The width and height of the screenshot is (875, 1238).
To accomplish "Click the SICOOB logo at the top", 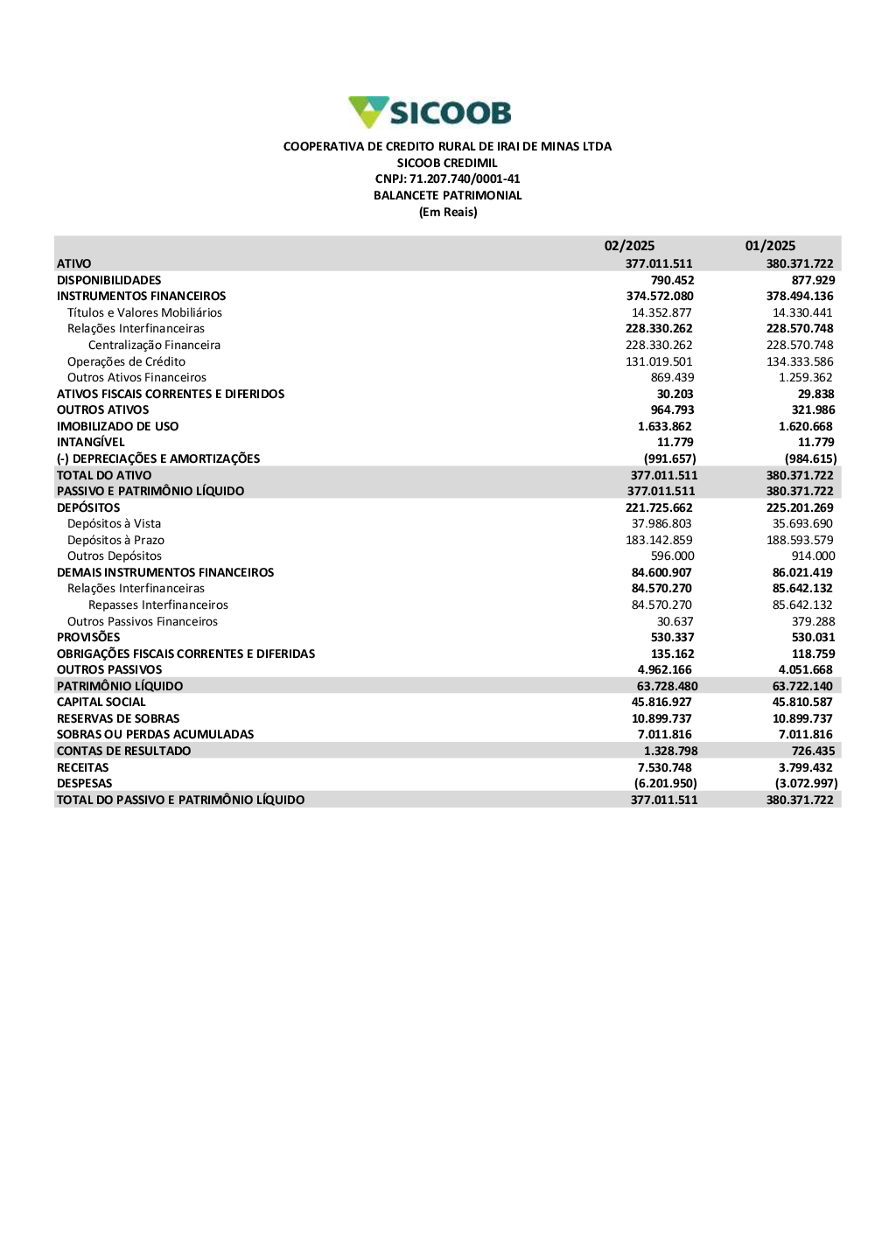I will [x=430, y=112].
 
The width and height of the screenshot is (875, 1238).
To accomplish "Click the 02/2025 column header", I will [x=629, y=246].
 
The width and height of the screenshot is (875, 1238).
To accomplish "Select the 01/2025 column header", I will [x=770, y=246].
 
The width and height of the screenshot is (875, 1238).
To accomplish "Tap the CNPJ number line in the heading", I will [x=447, y=178].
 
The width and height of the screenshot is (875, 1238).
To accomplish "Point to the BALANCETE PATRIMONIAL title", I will [x=447, y=195].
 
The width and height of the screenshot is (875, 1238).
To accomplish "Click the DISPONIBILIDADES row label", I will [x=109, y=280].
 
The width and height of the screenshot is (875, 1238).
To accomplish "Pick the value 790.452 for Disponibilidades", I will [x=672, y=280].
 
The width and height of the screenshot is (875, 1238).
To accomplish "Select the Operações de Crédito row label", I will [x=126, y=361].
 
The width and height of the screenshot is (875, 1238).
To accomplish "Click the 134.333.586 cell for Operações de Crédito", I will [x=800, y=361].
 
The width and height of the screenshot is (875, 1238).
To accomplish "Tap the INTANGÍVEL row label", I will [x=91, y=442].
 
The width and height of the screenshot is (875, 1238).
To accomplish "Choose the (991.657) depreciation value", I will [x=669, y=458].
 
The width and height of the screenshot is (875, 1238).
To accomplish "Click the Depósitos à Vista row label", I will [x=114, y=523].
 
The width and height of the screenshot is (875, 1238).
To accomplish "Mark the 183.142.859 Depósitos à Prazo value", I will [x=659, y=540].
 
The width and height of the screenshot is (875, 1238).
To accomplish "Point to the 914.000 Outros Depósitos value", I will [x=813, y=556].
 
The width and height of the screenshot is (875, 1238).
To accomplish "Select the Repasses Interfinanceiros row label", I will [x=158, y=605].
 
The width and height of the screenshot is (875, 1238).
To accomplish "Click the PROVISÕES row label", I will [x=88, y=637].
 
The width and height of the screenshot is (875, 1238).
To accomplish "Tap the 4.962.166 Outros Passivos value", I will [x=664, y=669].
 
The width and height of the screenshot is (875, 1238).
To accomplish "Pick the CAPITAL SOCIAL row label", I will [x=101, y=702].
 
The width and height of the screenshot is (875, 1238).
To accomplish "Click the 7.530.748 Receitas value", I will [x=664, y=767].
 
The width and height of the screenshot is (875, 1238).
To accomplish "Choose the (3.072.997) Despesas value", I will [x=806, y=783].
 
